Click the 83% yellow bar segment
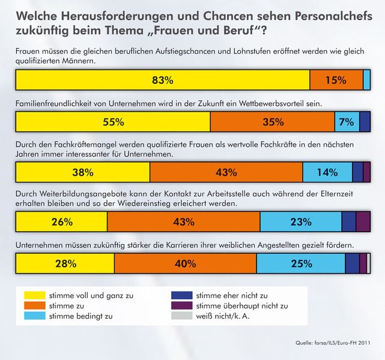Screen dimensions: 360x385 [162, 80]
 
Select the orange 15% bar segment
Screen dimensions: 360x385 [336, 80]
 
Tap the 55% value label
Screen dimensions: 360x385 [113, 122]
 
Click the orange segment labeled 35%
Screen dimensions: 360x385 [272, 122]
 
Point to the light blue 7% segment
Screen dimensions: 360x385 [347, 122]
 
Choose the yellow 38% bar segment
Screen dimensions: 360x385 [82, 172]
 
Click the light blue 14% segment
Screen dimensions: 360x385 [327, 172]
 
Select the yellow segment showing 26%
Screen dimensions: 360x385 [61, 222]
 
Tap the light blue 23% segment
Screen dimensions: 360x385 [300, 222]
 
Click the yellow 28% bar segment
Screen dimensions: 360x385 [64, 263]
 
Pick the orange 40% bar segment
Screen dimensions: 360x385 [185, 263]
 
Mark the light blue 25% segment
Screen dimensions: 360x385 [300, 263]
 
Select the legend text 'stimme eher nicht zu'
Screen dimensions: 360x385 [232, 295]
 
